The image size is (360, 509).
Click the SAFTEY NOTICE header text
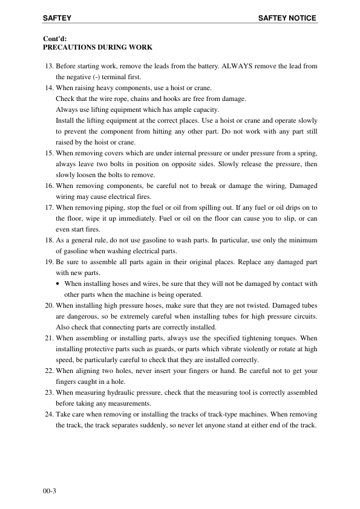[x=287, y=19]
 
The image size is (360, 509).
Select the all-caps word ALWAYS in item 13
[x=227, y=65]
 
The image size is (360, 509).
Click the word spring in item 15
[x=305, y=154]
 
